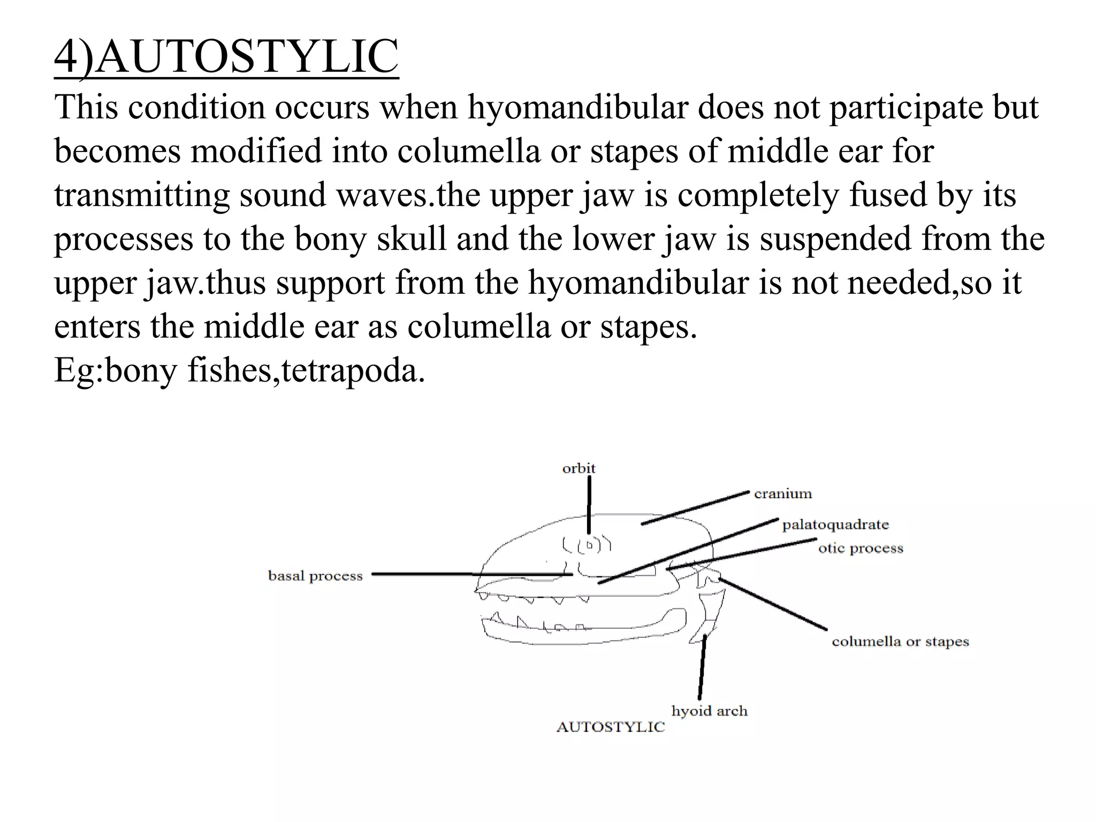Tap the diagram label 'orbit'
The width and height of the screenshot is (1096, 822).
click(579, 469)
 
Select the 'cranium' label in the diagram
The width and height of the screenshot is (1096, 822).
click(782, 494)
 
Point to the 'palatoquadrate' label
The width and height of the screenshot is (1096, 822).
click(835, 525)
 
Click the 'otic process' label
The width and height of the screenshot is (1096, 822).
click(861, 549)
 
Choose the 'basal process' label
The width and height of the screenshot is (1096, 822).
click(315, 576)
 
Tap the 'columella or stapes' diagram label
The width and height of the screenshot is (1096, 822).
click(900, 642)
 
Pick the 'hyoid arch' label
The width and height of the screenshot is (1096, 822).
click(709, 711)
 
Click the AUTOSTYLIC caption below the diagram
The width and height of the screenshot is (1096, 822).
click(610, 727)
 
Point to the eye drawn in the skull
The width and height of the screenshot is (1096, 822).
click(590, 545)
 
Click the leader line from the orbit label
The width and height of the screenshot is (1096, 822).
click(589, 503)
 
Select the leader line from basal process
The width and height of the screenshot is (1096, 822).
click(471, 574)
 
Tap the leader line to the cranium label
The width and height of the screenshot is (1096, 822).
click(696, 507)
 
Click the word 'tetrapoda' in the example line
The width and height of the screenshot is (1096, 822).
click(349, 370)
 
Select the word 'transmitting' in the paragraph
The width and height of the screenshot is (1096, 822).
click(142, 195)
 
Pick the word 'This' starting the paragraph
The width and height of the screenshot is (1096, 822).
click(86, 107)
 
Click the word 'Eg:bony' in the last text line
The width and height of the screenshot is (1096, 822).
click(115, 370)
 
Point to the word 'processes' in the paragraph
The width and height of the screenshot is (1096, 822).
click(124, 239)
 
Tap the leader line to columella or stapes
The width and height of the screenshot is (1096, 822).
click(773, 604)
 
